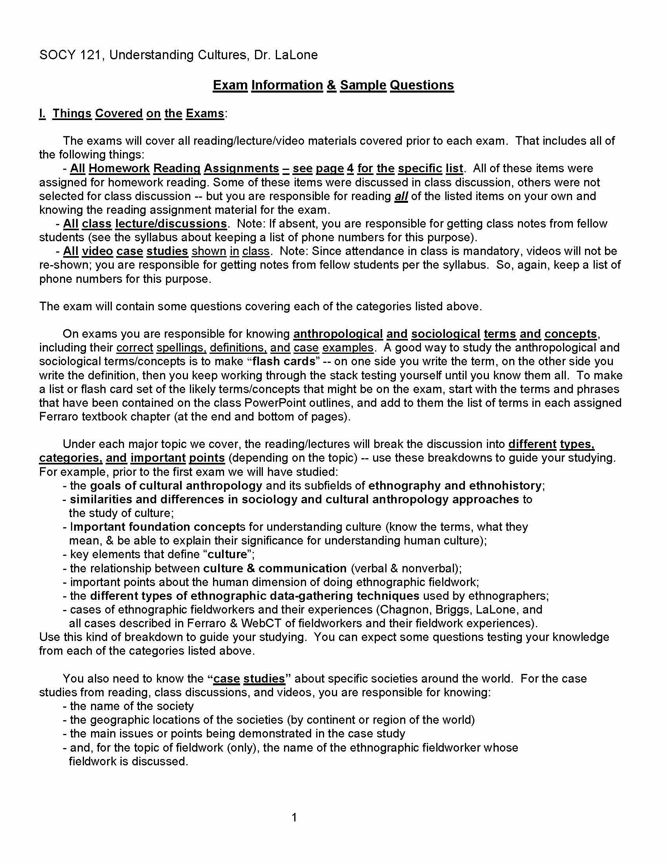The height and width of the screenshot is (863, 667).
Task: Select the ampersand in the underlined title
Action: [332, 86]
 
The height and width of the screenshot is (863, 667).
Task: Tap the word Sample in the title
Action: [363, 86]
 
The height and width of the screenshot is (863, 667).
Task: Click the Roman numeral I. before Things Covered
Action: [42, 113]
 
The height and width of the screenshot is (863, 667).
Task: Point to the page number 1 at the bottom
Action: [294, 817]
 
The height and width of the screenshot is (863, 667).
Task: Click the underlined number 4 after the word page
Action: [350, 168]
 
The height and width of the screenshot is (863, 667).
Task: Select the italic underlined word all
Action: [401, 197]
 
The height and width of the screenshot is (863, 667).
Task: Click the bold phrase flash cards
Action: [284, 362]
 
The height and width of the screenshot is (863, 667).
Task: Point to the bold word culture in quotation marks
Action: [227, 554]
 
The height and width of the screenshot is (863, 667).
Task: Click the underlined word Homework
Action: [119, 168]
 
